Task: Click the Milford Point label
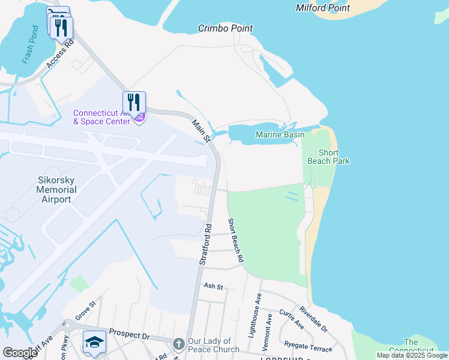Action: click(x=323, y=8)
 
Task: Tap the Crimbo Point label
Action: click(x=226, y=28)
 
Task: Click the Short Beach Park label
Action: click(x=328, y=157)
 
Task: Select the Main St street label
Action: click(x=200, y=131)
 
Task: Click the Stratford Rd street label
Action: click(x=204, y=244)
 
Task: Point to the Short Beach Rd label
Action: click(x=235, y=240)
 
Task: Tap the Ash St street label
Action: click(x=213, y=287)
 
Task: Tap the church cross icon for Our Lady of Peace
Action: click(x=178, y=344)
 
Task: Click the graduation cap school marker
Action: click(x=94, y=341)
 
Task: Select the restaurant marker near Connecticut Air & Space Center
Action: click(x=134, y=102)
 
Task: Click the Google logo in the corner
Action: click(x=20, y=352)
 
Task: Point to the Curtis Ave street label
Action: click(x=291, y=320)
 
